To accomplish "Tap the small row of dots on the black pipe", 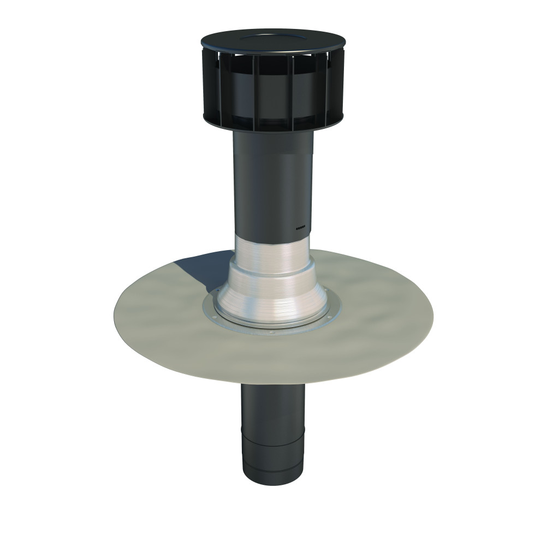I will coord(302,228).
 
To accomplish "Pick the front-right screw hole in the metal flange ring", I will coord(328,317).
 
